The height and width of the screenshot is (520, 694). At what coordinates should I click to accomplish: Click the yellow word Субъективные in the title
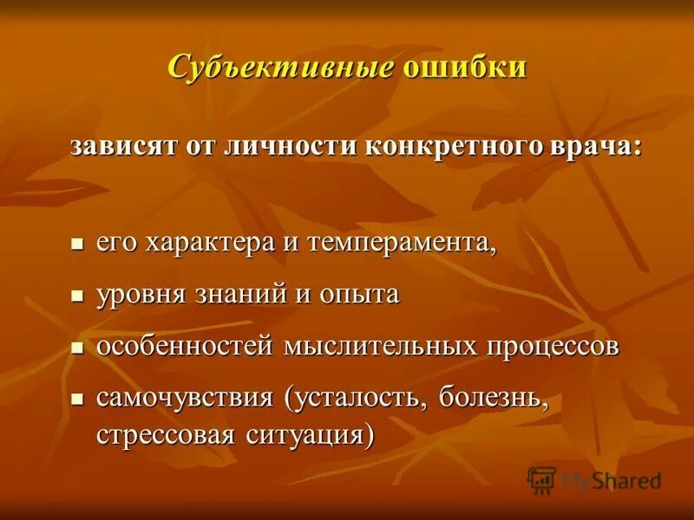281,67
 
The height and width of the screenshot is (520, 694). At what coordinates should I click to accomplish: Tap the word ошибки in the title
463,67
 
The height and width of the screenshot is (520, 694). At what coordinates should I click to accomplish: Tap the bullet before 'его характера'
76,244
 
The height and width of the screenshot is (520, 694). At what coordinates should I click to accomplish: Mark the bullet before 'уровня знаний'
76,296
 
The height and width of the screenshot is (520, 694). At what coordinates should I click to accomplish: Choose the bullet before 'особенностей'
76,348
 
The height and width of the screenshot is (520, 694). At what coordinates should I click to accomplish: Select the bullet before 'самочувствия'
76,400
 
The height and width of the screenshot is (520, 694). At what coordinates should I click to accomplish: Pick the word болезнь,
494,400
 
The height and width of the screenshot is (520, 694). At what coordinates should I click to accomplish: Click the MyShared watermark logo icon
542,479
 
